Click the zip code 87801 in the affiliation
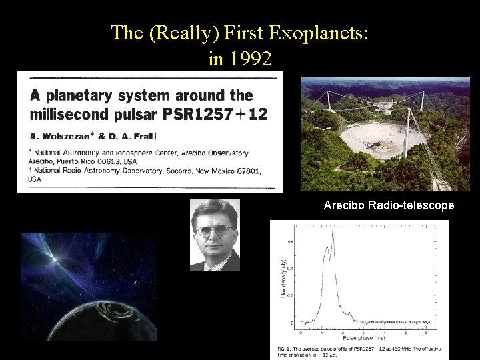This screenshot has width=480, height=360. (247, 171)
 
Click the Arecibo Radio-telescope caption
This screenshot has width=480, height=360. (389, 205)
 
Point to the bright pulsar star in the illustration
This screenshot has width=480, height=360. (50, 256)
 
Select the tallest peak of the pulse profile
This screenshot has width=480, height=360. (332, 232)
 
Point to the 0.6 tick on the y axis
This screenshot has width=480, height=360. (291, 241)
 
